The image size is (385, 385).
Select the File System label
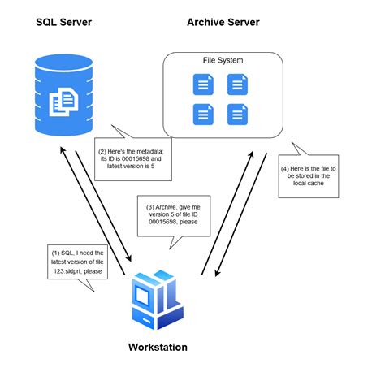click(x=222, y=61)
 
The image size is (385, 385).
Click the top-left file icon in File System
click(x=201, y=83)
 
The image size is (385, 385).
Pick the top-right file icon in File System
click(x=236, y=83)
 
